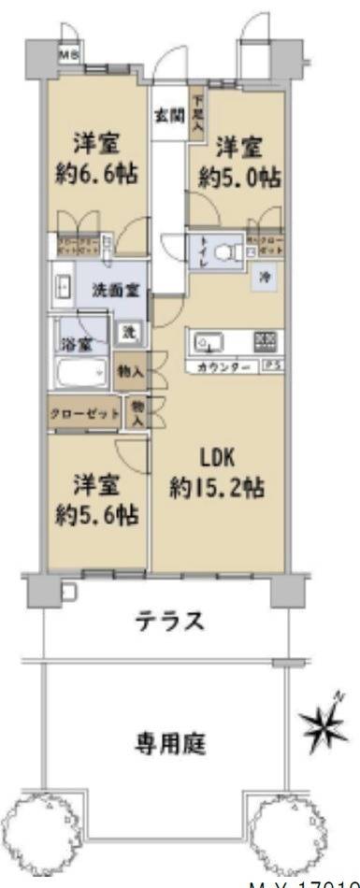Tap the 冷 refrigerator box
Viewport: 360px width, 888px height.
point(265,277)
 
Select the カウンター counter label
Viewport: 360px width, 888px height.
point(223,365)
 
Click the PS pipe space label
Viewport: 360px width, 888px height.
point(269,365)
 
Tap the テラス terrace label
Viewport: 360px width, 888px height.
point(169,621)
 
